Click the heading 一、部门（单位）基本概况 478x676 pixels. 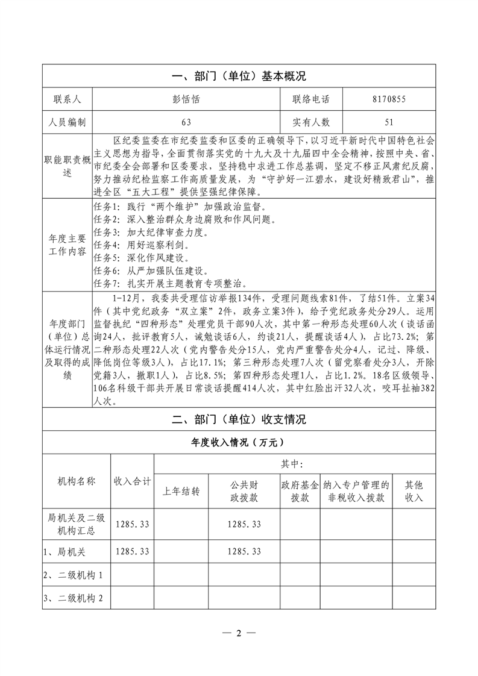(x=239, y=77)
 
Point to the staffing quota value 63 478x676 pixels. (x=186, y=122)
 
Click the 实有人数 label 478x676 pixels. (x=311, y=122)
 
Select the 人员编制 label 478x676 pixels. (x=67, y=122)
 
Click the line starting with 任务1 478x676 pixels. (x=181, y=207)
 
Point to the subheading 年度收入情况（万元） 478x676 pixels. (x=239, y=442)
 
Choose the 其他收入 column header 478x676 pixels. (x=414, y=491)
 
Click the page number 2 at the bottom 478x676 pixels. (x=239, y=633)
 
